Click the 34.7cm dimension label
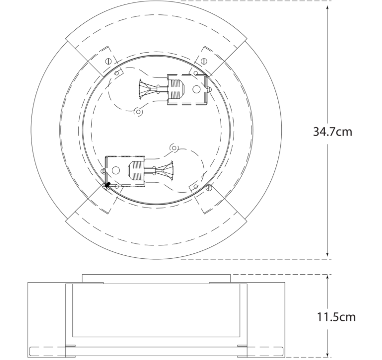[x=332, y=132]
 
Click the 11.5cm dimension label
[x=336, y=317]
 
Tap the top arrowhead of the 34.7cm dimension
[x=327, y=7]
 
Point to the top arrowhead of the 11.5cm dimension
[x=327, y=278]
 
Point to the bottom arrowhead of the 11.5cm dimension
[x=327, y=353]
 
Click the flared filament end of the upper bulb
[x=144, y=89]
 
